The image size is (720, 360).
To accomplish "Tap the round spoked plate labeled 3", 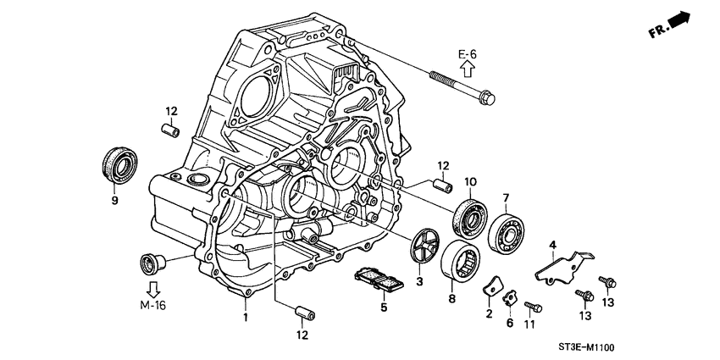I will (425, 246).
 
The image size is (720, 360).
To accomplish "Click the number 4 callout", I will (552, 246).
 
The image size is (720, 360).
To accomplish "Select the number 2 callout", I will (489, 313).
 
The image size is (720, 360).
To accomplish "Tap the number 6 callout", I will (511, 323).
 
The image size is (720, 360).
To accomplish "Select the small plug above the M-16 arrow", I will (152, 259).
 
